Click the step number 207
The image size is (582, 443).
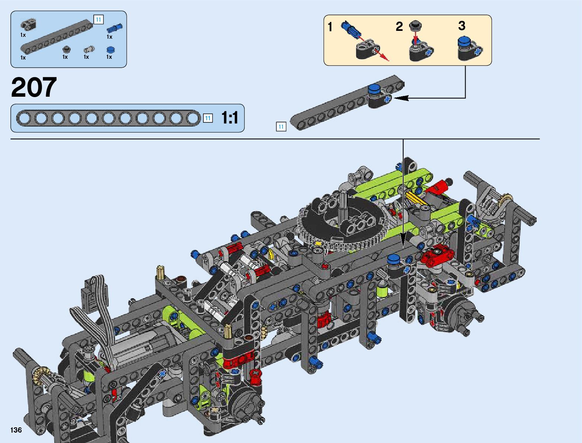coord(34,87)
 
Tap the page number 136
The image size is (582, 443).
coord(16,430)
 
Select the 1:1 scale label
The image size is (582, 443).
coord(229,118)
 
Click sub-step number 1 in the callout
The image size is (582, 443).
coord(330,27)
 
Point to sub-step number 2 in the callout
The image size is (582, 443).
coord(399,26)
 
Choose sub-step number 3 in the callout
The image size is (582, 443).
coord(462,26)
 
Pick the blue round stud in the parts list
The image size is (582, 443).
coord(110,50)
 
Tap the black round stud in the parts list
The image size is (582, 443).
coord(67,49)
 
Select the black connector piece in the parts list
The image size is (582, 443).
coord(28,25)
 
